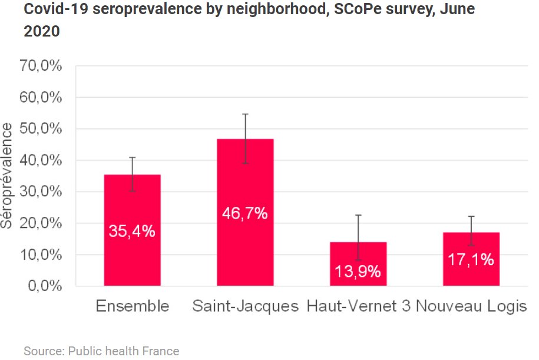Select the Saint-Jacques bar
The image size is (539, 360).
[245, 247]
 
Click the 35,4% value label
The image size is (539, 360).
[132, 232]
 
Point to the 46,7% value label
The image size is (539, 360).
[245, 213]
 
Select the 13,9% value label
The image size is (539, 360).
[358, 272]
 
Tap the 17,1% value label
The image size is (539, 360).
[471, 259]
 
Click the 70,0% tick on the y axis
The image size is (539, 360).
[42, 66]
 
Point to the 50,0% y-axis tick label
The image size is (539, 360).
[42, 129]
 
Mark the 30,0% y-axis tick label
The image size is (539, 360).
[42, 192]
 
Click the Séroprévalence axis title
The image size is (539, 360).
[7, 176]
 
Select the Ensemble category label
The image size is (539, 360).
[132, 306]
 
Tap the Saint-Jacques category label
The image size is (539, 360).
[246, 306]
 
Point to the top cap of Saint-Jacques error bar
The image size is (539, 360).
[245, 114]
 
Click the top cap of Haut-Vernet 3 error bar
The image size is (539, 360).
[358, 215]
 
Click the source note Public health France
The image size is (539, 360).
[101, 351]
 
